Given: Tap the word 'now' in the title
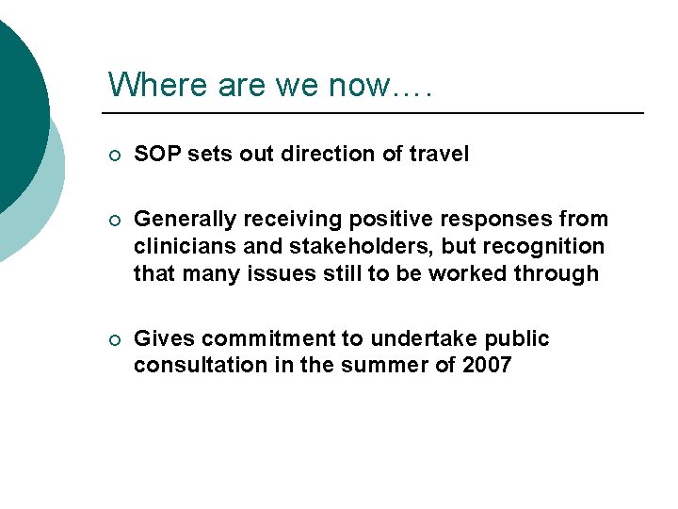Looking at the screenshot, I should [x=358, y=86].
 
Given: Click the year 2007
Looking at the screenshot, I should [x=487, y=366].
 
